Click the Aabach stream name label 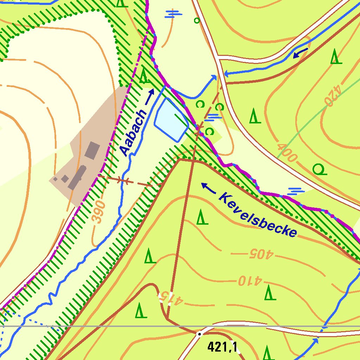133,133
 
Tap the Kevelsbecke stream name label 258,214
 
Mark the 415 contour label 171,298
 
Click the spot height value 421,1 222,347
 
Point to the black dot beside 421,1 199,334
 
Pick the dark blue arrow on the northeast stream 300,53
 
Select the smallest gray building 55,179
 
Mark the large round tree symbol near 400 320,170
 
